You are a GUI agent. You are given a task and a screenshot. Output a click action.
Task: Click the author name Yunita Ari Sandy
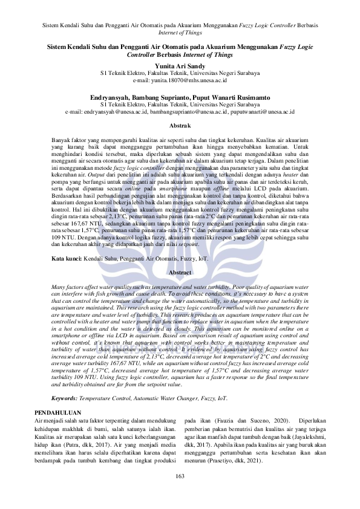pos(180,66)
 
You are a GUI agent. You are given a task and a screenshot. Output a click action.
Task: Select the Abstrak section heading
pos(180,125)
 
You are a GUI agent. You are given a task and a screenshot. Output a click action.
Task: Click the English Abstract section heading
pos(180,273)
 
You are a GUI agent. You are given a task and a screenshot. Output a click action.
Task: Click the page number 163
pos(180,493)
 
